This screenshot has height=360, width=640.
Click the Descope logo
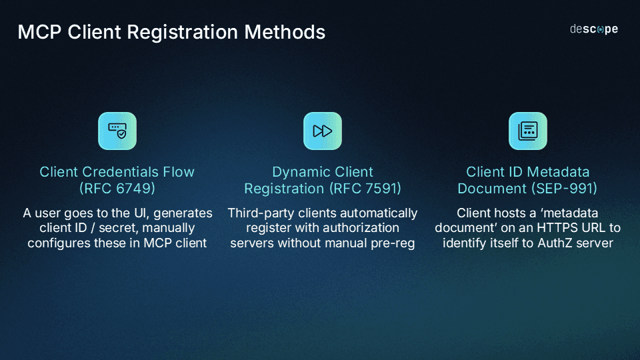pos(593,29)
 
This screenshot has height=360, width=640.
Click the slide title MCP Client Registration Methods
pos(171,31)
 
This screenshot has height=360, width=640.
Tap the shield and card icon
pos(117,131)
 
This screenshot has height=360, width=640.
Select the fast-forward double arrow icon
pos(323,131)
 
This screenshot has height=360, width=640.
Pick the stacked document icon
pos(527,131)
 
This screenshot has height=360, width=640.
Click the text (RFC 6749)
pos(117,189)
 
